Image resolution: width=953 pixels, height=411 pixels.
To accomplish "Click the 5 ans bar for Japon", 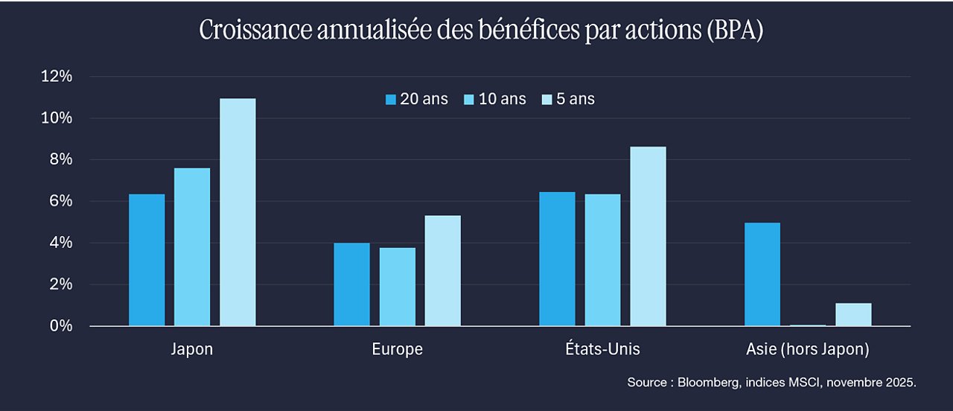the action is (238, 212).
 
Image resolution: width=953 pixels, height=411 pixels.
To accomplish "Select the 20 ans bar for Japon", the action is (147, 260).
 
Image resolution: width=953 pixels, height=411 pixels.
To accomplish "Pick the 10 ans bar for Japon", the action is (192, 247).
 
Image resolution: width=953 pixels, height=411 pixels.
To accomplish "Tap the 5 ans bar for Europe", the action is (442, 270).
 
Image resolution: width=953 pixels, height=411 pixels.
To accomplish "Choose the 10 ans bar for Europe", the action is (398, 287).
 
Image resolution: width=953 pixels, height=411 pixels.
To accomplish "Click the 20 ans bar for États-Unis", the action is (558, 259).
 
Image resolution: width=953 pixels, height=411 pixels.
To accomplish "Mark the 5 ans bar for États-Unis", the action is (648, 237).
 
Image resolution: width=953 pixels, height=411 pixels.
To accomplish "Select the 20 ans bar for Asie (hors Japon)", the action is (762, 275).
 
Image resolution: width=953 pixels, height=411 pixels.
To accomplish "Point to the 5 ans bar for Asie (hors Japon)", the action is (853, 314).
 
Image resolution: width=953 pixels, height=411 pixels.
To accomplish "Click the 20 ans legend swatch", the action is (391, 100).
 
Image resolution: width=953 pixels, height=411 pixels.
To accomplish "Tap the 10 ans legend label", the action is (503, 99).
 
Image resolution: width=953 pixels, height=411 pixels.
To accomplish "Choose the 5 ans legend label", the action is (576, 99).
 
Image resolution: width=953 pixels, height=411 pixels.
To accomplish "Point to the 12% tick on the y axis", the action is (57, 76).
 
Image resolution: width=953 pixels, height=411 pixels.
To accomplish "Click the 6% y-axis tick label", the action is (61, 201).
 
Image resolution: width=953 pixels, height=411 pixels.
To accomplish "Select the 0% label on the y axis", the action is (61, 326).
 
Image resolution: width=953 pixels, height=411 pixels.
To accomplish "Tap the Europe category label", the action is (398, 349).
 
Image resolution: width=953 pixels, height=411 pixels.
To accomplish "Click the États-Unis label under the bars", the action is (602, 348).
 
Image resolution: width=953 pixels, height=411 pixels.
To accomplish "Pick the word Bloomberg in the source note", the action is (708, 383).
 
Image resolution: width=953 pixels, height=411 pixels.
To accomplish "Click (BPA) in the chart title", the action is (735, 31).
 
